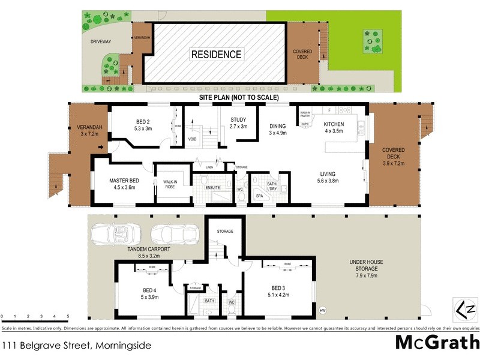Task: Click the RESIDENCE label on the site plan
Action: [x=216, y=55]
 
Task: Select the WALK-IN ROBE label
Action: [x=165, y=184]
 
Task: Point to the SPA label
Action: [x=259, y=196]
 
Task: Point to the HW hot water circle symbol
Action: [x=323, y=310]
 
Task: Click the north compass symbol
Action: [x=466, y=310]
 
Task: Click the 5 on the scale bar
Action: [x=68, y=316]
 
